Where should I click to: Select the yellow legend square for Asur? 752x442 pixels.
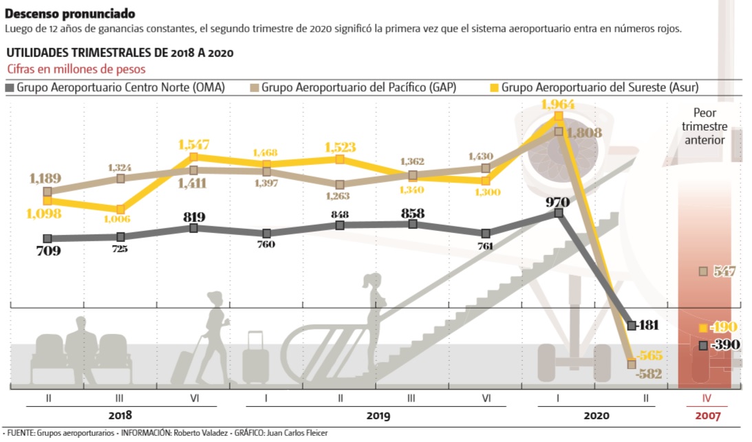click(x=493, y=87)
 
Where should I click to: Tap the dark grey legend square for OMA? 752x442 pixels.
click(x=10, y=87)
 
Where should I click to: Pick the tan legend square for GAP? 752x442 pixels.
click(x=253, y=87)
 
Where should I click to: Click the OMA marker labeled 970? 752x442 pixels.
click(x=558, y=213)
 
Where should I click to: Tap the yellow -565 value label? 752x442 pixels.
click(x=648, y=356)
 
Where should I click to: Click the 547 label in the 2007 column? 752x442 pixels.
click(x=723, y=272)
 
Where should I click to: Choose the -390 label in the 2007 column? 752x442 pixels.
click(x=724, y=344)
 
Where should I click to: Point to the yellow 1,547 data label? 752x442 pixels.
click(x=193, y=145)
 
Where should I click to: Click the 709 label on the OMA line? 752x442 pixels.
click(x=47, y=251)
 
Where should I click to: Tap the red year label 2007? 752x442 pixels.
click(x=707, y=416)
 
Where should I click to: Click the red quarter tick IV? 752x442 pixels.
click(x=707, y=398)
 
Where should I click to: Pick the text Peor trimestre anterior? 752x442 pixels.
click(x=705, y=126)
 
